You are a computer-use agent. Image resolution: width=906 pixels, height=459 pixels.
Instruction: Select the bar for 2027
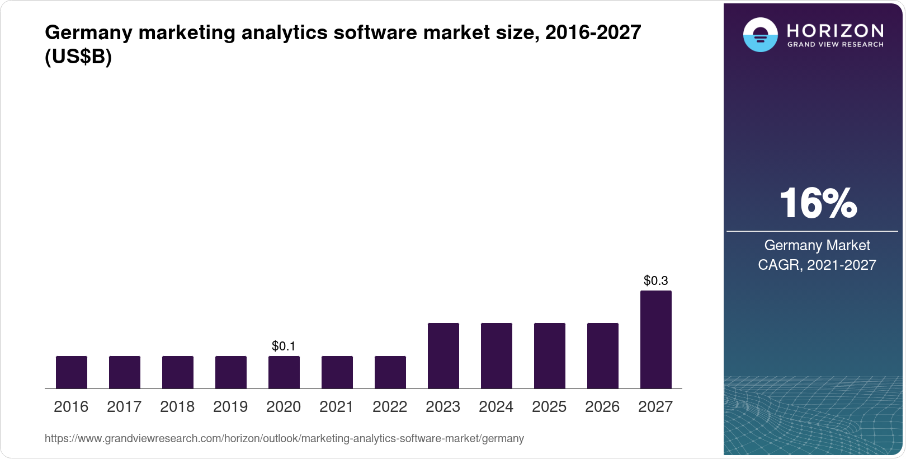coord(655,339)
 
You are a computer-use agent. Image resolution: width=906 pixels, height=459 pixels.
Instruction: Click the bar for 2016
coord(72,372)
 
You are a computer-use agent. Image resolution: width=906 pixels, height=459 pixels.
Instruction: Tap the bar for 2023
coord(443,356)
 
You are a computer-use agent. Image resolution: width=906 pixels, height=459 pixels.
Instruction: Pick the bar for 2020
coord(284,372)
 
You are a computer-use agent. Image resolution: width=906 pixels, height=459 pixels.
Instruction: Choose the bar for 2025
coord(549,356)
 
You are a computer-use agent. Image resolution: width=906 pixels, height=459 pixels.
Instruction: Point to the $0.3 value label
coord(655,280)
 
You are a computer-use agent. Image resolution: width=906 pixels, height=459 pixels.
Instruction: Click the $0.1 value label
coord(284,346)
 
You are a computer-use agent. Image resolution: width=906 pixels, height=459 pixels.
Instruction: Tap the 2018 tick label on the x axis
coord(177,406)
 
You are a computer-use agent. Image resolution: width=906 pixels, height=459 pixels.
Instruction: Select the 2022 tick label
coord(390,406)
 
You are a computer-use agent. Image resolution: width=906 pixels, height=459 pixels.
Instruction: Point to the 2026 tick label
coord(602,406)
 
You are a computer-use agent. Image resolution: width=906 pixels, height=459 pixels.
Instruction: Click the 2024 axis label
coord(496,406)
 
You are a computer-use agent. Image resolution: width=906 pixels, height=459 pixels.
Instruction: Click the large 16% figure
coord(818,203)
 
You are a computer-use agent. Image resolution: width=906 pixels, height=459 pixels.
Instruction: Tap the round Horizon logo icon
coord(760,35)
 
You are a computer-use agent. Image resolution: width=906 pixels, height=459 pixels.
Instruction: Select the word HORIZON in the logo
coord(835,30)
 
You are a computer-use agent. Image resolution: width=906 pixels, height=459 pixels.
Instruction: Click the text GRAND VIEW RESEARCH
coord(835,45)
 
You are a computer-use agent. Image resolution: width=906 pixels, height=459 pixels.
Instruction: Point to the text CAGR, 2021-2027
coord(817,265)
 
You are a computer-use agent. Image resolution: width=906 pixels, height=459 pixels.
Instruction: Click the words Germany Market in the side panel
coord(817,245)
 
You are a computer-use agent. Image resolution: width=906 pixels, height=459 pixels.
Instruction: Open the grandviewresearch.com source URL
coord(284,438)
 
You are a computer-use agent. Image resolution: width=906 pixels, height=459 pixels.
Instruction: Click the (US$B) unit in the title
coord(78,57)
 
